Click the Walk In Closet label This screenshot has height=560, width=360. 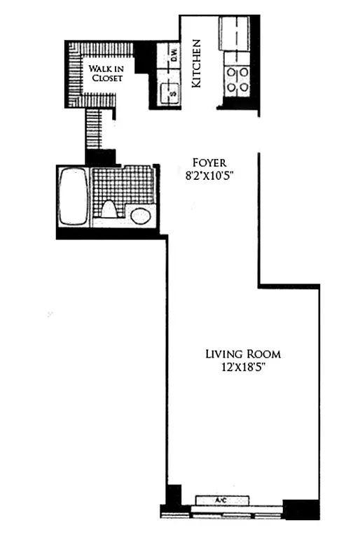[x=105, y=73]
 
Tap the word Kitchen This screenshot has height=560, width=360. [x=198, y=63]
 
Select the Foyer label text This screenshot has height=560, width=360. [x=206, y=162]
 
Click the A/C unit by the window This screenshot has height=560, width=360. [x=222, y=500]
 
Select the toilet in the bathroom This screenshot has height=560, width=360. [x=109, y=209]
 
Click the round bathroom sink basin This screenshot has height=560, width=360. [x=141, y=215]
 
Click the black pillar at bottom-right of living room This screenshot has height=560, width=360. [x=300, y=509]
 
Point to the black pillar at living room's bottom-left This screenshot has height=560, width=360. [x=171, y=497]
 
